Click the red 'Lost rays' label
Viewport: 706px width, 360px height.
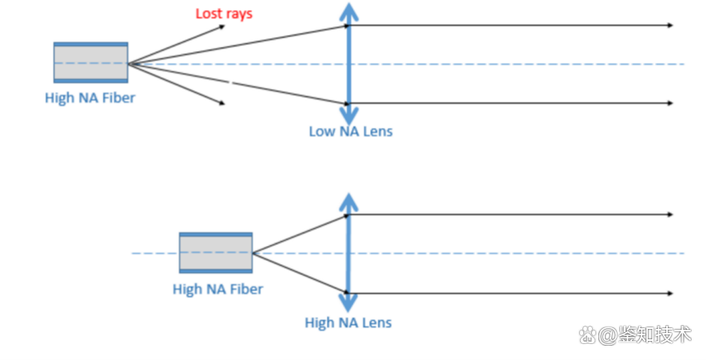224,14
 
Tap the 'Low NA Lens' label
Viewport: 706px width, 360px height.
351,131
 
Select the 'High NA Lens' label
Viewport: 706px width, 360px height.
348,323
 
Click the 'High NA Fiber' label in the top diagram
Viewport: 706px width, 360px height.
90,98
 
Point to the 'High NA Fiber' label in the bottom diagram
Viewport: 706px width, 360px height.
218,289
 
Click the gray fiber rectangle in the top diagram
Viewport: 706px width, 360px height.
90,62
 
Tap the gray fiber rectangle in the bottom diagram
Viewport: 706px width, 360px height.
216,252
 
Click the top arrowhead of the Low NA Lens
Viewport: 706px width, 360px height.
347,11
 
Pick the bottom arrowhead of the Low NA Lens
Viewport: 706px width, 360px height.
347,116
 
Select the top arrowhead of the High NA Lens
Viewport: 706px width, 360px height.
347,201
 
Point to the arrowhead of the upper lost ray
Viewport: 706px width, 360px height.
222,26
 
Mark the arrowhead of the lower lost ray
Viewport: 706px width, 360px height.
222,103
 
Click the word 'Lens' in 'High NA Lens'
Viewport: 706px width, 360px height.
377,323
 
